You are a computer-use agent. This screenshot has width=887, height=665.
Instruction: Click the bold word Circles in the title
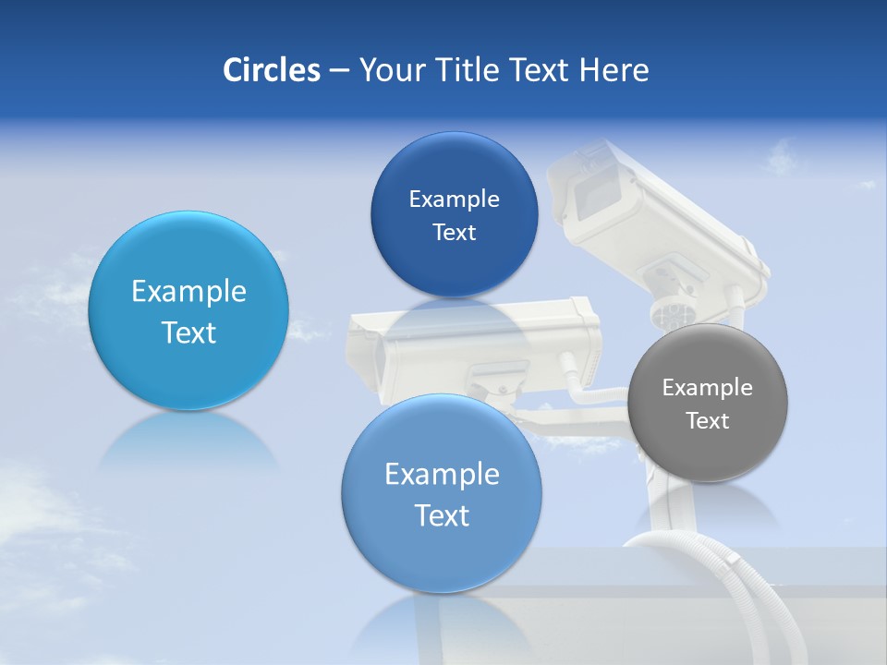point(271,70)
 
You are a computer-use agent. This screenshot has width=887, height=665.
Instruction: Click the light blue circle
point(188,310)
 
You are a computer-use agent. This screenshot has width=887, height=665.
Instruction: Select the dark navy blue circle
point(454,214)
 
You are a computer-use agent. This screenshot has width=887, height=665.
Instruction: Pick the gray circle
point(708,403)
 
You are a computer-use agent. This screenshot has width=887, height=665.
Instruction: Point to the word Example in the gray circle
point(708,387)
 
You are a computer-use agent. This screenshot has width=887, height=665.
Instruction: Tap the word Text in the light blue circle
point(188,332)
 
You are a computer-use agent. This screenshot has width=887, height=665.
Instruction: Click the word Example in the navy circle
point(454,199)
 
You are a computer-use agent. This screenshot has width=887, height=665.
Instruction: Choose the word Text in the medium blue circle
point(442,515)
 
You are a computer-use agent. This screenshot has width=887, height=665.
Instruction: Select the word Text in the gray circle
point(708,421)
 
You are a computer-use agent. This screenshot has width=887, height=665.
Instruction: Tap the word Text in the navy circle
point(454,233)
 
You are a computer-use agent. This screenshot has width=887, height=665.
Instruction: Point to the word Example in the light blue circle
point(188,292)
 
